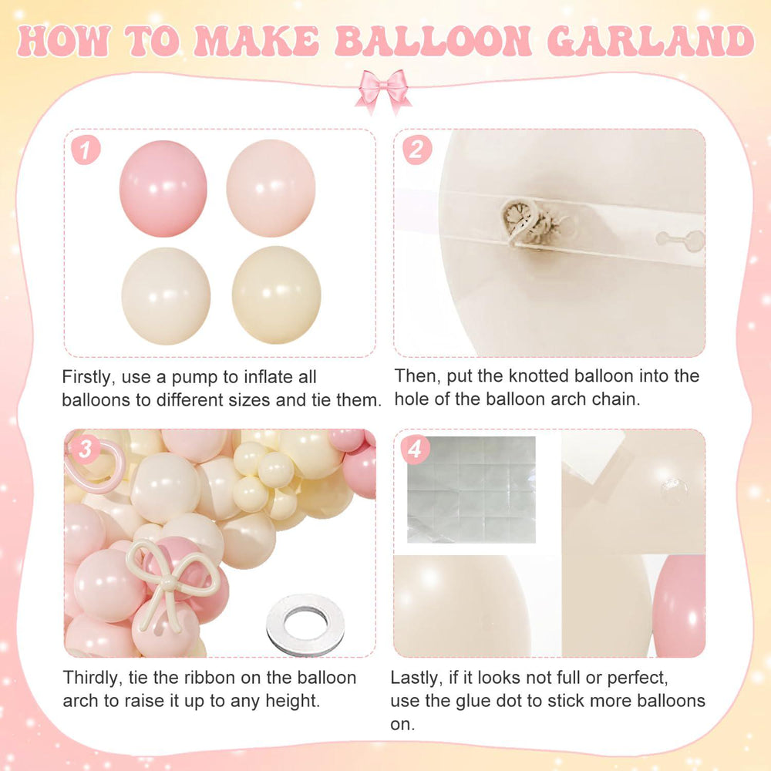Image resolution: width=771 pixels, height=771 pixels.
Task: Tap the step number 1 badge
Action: point(86,150)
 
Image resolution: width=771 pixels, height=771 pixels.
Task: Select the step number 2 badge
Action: point(417,150)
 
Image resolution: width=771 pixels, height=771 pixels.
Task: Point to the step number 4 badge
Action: point(415,449)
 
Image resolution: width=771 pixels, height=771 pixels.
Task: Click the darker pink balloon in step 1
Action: point(163,188)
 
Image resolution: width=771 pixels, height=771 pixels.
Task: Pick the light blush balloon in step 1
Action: point(271,188)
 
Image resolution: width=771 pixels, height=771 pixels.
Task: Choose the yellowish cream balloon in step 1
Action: point(276,295)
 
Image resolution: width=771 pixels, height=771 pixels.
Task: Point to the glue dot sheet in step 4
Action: point(471,490)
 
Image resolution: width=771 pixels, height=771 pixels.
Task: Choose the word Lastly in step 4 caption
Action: point(417,678)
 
